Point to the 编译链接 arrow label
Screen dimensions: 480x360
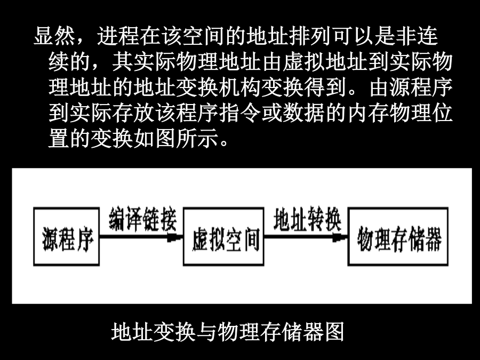(142, 219)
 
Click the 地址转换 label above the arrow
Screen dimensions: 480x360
(307, 219)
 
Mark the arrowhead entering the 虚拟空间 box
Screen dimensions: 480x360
(175, 237)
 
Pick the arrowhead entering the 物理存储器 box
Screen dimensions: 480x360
(340, 237)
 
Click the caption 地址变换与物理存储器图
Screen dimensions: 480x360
(227, 332)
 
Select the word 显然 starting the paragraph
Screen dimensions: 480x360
(54, 36)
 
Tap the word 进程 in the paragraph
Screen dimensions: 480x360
(118, 36)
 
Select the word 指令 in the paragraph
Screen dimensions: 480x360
(238, 113)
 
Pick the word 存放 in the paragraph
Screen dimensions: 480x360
(133, 113)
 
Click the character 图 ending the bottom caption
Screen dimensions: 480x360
(334, 332)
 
